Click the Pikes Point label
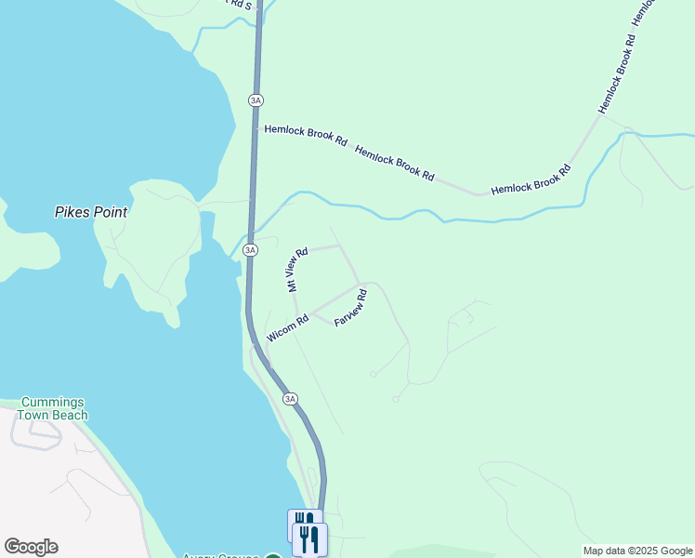[90, 212]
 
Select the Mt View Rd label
[296, 270]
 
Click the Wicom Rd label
[287, 328]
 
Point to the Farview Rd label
[350, 308]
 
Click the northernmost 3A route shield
[256, 100]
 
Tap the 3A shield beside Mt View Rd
[250, 250]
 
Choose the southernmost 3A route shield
[291, 399]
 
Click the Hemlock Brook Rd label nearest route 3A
[306, 136]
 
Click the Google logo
[31, 547]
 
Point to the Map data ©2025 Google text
[637, 551]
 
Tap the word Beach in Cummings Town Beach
[70, 416]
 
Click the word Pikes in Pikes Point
[72, 212]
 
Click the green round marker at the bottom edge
[273, 555]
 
